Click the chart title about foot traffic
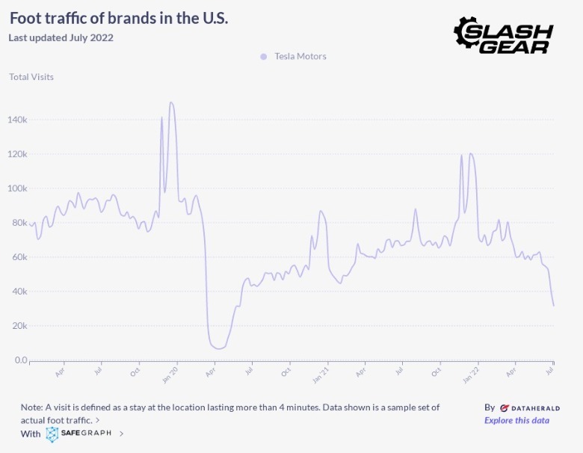click(119, 18)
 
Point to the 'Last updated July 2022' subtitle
click(61, 37)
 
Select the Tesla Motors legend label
click(300, 56)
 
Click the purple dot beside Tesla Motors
click(263, 56)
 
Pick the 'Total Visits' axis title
click(31, 76)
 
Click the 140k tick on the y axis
click(18, 120)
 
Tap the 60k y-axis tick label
click(19, 257)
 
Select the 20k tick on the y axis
click(19, 326)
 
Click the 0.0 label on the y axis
click(19, 360)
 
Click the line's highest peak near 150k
click(171, 102)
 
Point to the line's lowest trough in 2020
click(218, 348)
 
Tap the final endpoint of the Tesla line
click(553, 305)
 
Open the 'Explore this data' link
click(516, 420)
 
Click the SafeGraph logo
click(79, 434)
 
